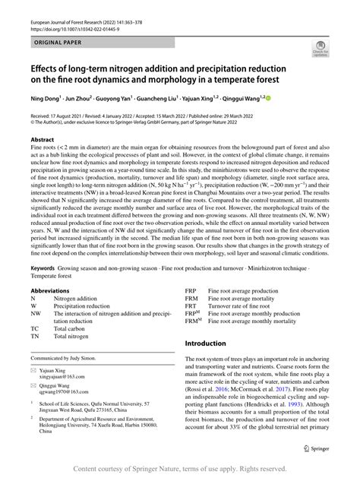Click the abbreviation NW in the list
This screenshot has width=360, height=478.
pyautogui.click(x=36, y=312)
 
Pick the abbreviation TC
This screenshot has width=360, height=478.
pyautogui.click(x=35, y=328)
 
